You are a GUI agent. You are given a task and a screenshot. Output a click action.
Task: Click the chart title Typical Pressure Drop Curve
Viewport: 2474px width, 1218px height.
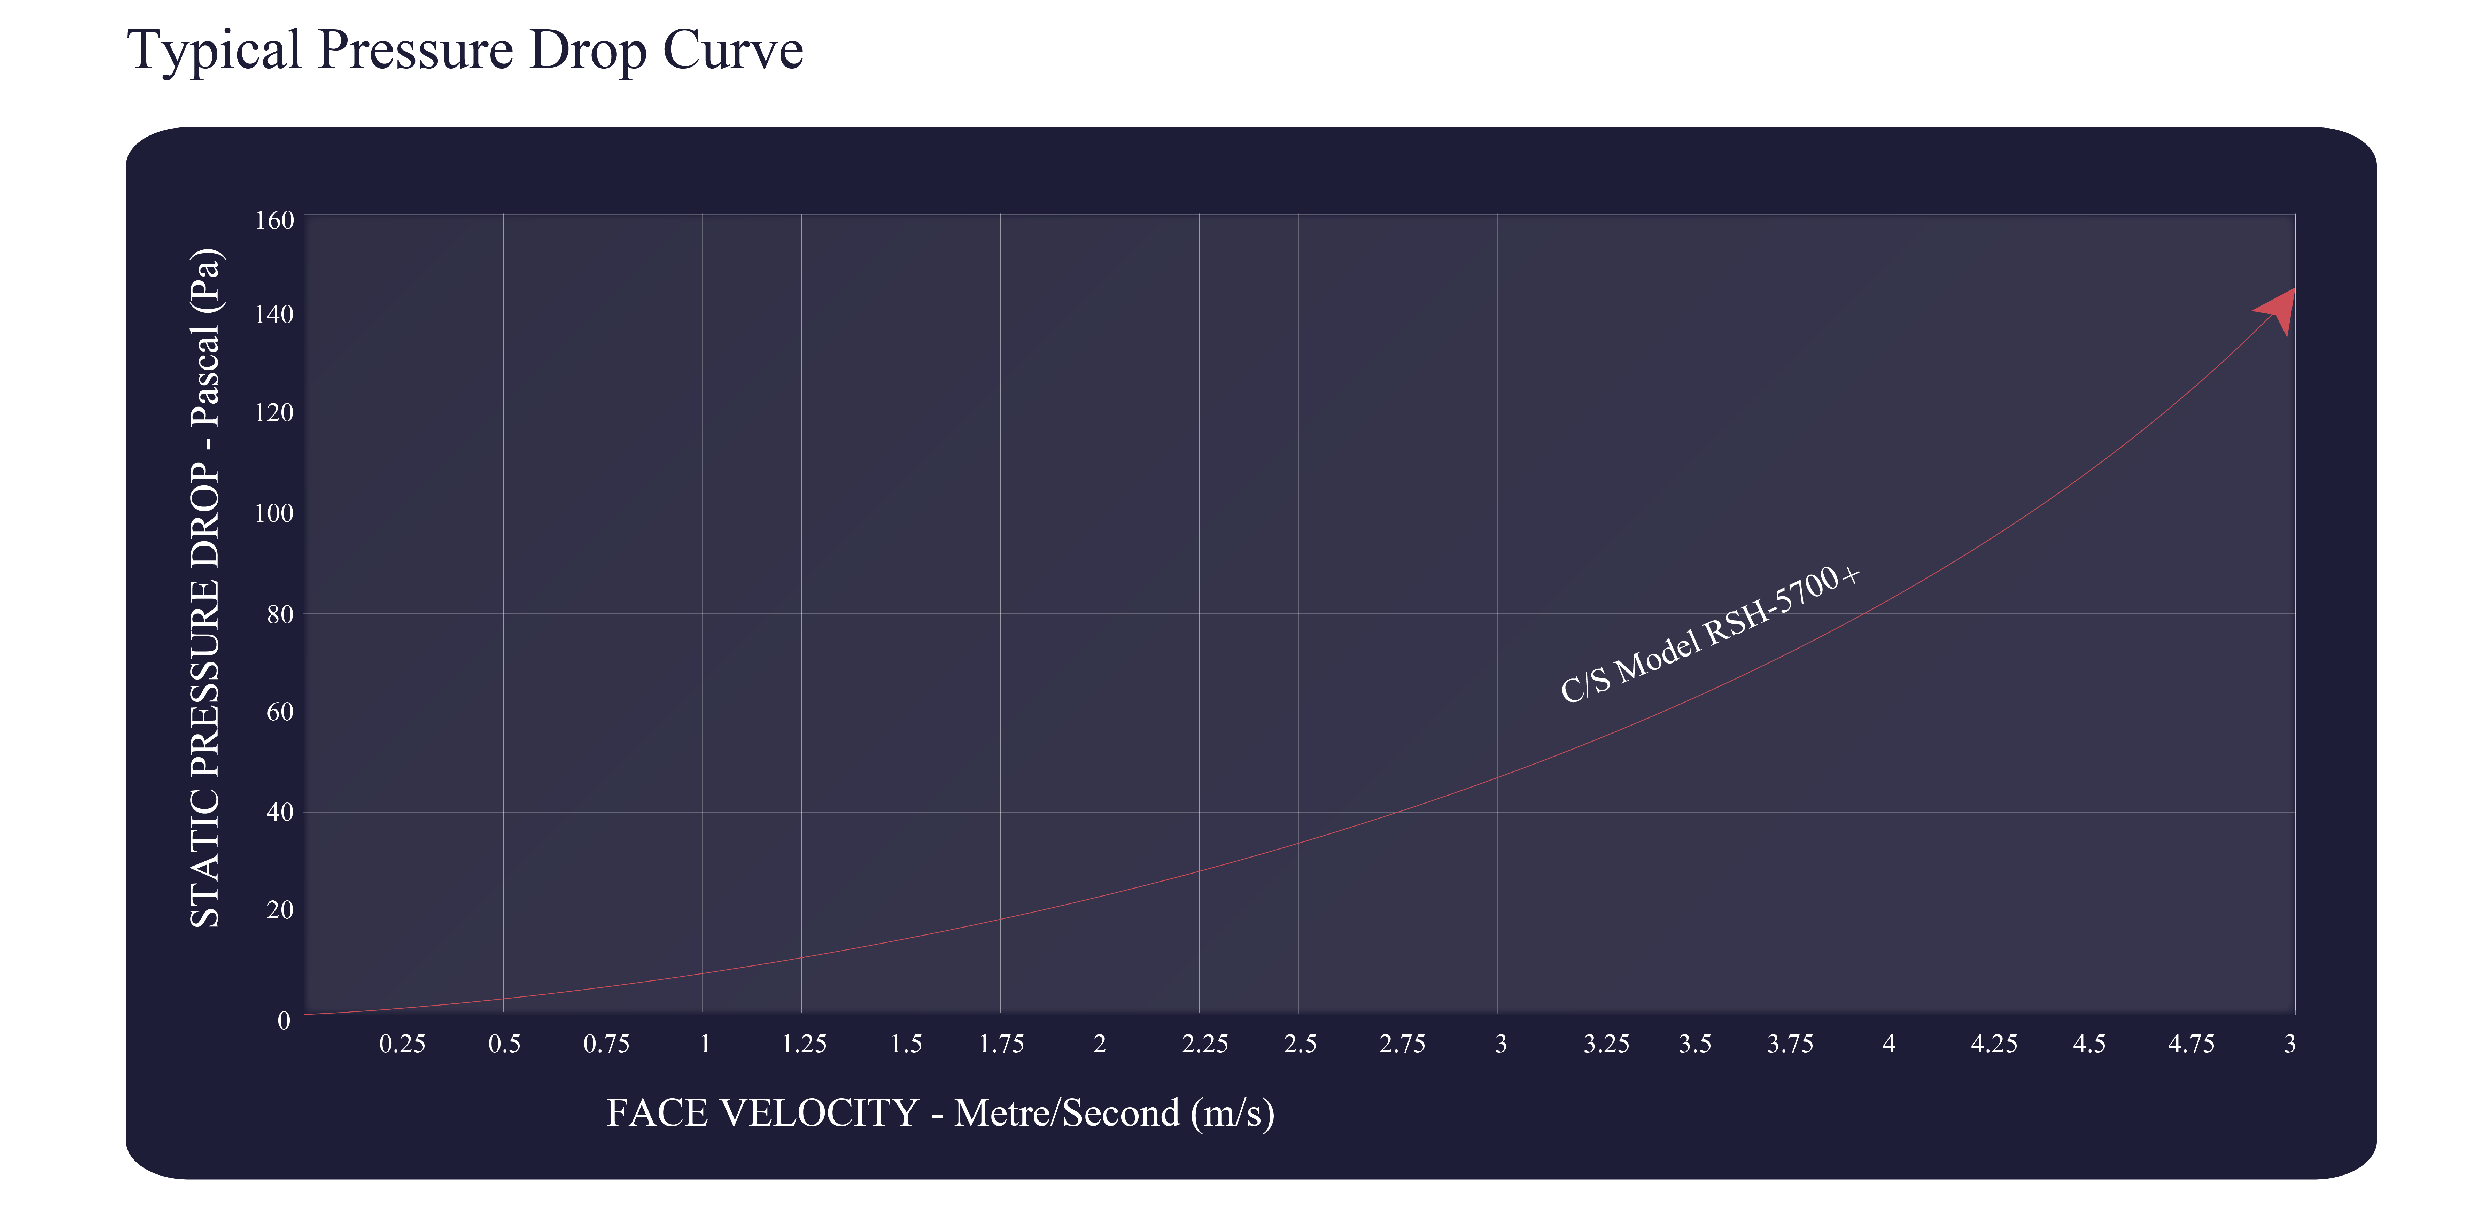(465, 50)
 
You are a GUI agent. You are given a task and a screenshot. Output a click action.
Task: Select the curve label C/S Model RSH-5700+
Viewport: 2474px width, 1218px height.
(1709, 634)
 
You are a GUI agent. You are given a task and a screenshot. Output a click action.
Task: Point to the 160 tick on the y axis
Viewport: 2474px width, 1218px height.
(274, 221)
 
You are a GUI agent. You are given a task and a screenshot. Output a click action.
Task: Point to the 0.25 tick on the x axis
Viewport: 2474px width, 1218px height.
(402, 1044)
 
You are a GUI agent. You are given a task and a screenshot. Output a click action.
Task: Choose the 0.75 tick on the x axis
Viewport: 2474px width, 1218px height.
(606, 1044)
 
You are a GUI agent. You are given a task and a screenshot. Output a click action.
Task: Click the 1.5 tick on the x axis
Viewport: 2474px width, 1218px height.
(906, 1044)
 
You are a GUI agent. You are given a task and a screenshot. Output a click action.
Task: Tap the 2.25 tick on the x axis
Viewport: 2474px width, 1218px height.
(1204, 1044)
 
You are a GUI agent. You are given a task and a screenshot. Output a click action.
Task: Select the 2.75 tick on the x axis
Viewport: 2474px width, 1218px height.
(1402, 1044)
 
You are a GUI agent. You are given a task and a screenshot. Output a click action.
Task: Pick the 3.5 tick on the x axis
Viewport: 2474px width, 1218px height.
(1695, 1044)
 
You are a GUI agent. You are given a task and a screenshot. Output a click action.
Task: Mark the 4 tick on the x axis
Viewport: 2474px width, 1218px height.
(1889, 1044)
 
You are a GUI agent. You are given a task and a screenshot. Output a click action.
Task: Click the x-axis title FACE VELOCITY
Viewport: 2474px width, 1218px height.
(940, 1113)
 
